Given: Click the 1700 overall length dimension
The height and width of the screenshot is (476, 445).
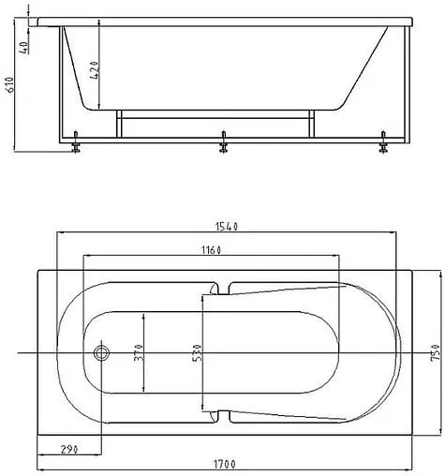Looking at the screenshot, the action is tap(225, 464).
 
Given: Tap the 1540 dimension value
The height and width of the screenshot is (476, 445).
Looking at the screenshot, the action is tap(227, 226).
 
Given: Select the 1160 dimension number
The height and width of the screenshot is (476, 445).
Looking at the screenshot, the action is tap(211, 250).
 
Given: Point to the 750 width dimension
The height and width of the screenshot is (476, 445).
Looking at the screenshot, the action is tap(435, 352).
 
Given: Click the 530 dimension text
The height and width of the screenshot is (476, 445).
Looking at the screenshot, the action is tap(198, 352).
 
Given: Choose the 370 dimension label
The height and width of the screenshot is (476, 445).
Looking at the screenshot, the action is tap(139, 352).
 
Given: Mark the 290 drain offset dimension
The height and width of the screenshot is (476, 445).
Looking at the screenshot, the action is tap(69, 449).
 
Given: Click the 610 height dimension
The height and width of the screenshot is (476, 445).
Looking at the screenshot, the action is tap(10, 84).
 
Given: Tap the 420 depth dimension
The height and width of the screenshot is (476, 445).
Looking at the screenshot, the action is tap(94, 70).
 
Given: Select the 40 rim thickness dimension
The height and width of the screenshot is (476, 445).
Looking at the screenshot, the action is tap(24, 48).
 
